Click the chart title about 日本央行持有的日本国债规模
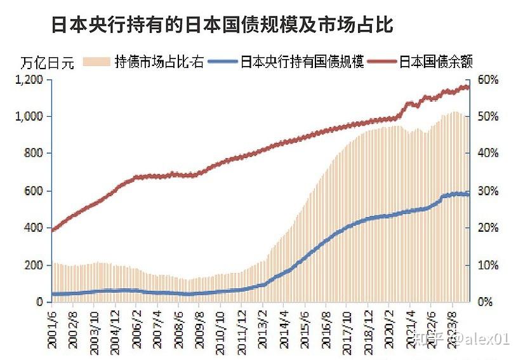pyautogui.click(x=222, y=25)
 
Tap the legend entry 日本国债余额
pyautogui.click(x=437, y=62)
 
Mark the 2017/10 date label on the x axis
pyautogui.click(x=348, y=327)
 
